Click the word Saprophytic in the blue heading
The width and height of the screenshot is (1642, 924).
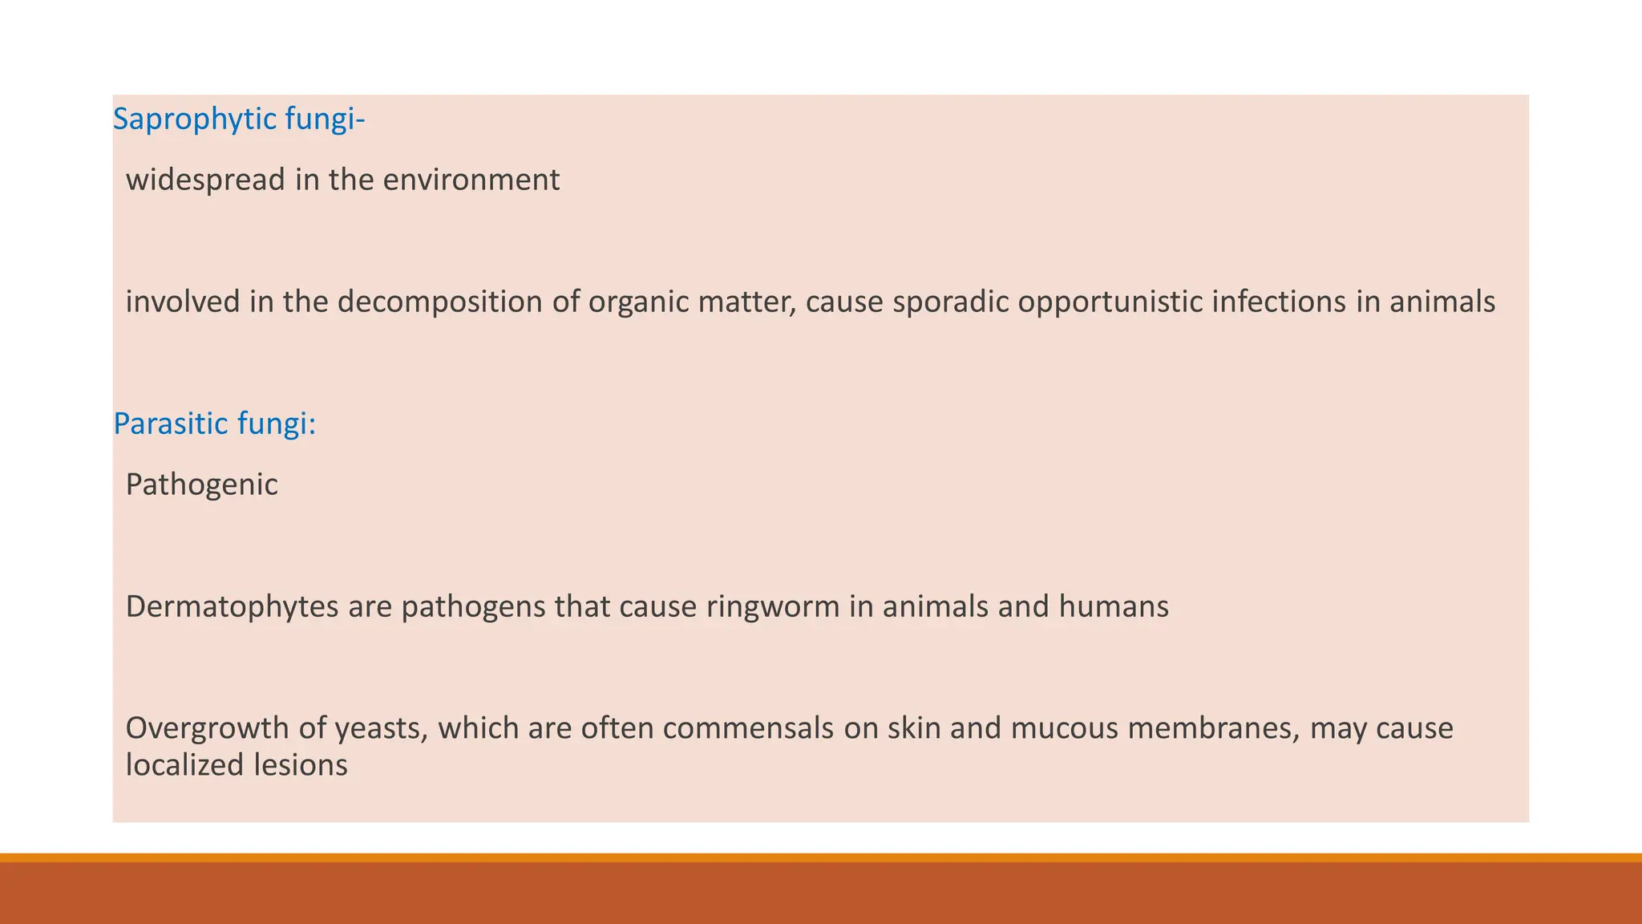tap(184, 120)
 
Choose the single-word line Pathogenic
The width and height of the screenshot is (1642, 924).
tap(202, 485)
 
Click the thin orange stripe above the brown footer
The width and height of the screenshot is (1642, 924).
tap(821, 857)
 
